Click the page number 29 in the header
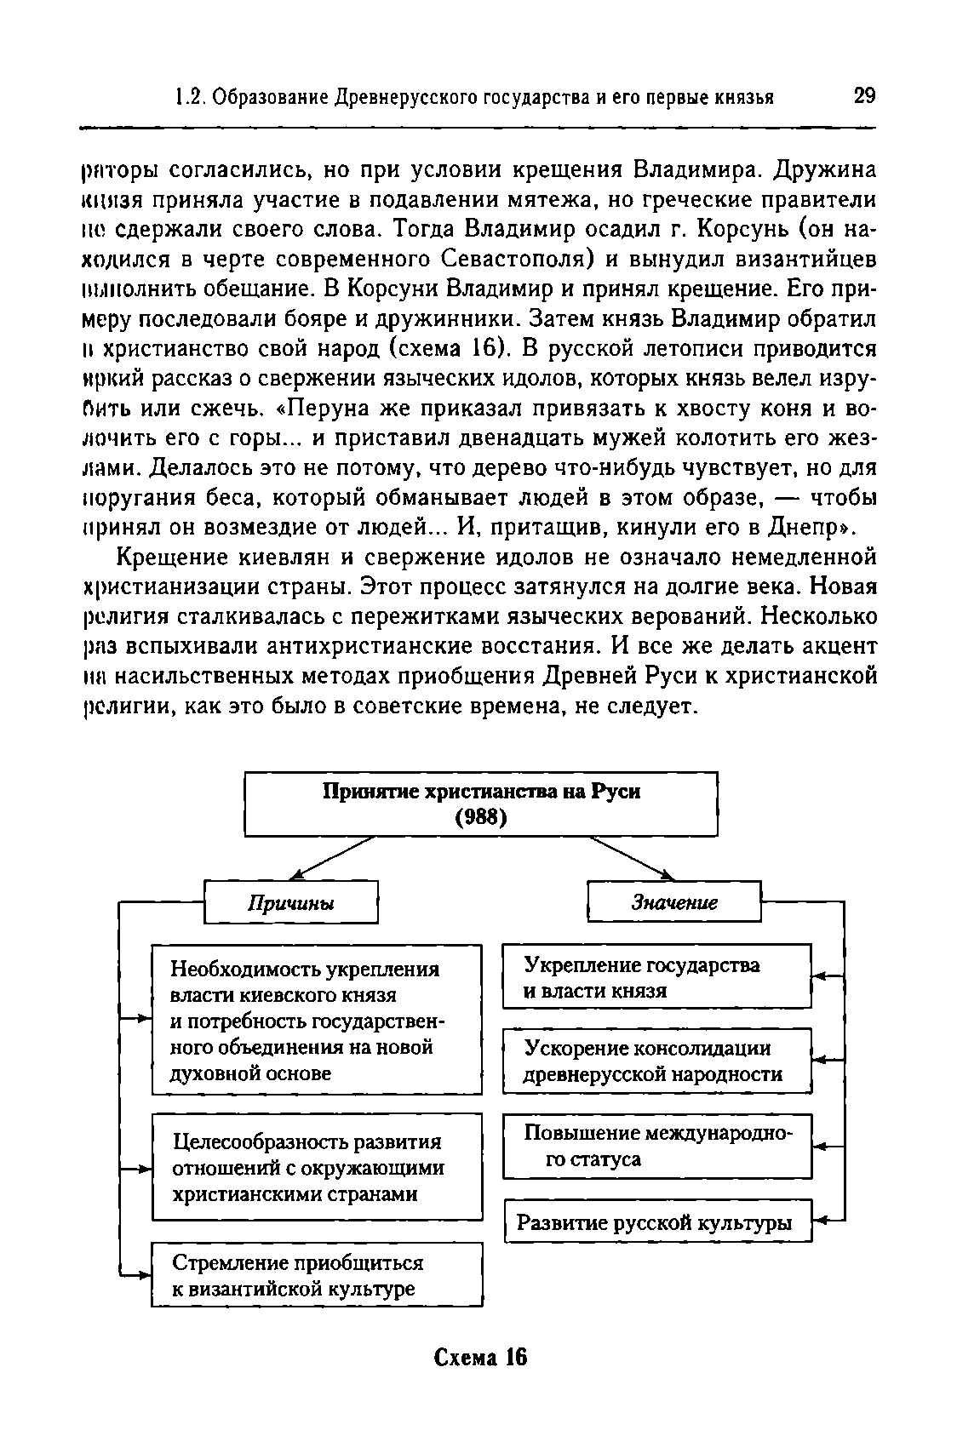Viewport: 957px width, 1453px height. coord(863,95)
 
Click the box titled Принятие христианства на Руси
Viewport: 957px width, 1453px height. coord(481,804)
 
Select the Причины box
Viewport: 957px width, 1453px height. coord(290,902)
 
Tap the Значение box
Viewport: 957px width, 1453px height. coord(673,902)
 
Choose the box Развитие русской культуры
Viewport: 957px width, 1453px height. coord(657,1222)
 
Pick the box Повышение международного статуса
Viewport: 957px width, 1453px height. coord(657,1146)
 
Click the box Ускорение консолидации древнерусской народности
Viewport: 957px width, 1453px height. coord(657,1061)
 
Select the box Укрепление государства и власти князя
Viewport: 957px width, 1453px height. coord(657,976)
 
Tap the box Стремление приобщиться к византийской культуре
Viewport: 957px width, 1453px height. coord(317,1274)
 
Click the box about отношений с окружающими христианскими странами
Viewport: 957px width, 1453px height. coord(317,1167)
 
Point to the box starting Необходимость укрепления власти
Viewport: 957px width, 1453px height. coord(317,1020)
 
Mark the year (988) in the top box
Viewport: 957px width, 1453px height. coord(481,818)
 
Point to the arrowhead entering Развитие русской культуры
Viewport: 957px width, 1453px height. coord(818,1222)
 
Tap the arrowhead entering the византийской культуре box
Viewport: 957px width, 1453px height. coord(145,1274)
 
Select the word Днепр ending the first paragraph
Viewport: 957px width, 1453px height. coord(807,527)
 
